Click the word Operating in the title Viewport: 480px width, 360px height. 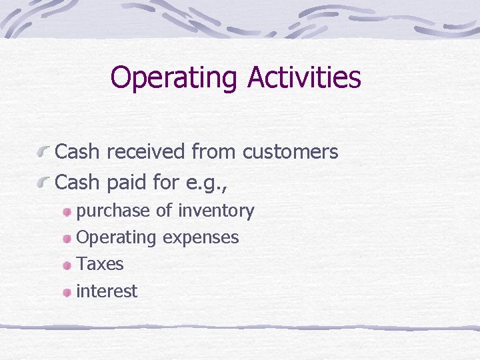(175, 78)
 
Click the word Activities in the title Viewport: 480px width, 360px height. (304, 78)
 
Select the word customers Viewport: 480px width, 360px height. (290, 152)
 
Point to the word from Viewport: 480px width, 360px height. (214, 152)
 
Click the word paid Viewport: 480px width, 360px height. (129, 181)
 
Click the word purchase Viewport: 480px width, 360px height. (113, 211)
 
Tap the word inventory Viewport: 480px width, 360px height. (216, 211)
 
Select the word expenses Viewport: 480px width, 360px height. (200, 238)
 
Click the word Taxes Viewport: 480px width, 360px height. (100, 264)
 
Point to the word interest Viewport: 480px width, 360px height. (107, 291)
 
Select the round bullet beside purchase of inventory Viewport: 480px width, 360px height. (67, 212)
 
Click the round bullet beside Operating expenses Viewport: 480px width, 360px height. (67, 239)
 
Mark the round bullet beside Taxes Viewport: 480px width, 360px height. (67, 265)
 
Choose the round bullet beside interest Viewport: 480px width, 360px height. (67, 292)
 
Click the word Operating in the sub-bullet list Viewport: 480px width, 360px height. (117, 238)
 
